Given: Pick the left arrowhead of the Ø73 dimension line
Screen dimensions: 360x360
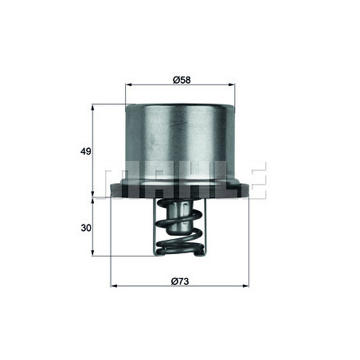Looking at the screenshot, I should pyautogui.click(x=111, y=287).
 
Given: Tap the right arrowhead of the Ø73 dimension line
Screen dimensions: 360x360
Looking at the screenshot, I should pyautogui.click(x=248, y=287).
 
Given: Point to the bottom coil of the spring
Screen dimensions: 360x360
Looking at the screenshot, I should pyautogui.click(x=179, y=248).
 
